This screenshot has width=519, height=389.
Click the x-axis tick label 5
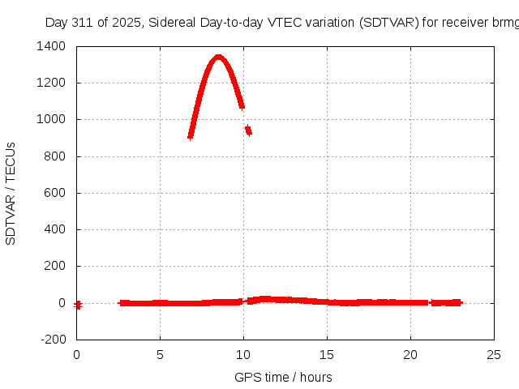[x=160, y=354]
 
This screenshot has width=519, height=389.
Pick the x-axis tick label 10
[x=243, y=354]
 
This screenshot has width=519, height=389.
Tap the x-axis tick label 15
[x=327, y=354]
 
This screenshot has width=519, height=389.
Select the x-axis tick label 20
[x=410, y=354]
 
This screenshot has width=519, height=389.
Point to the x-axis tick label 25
[x=494, y=354]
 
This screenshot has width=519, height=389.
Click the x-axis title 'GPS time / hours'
[x=283, y=377]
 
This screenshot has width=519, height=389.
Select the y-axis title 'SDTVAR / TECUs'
[x=11, y=193]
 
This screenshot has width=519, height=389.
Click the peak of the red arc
[x=218, y=57]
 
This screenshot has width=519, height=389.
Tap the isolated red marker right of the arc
[x=248, y=130]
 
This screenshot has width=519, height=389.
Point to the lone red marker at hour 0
[x=78, y=305]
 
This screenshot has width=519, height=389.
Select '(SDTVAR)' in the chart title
[x=391, y=22]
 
